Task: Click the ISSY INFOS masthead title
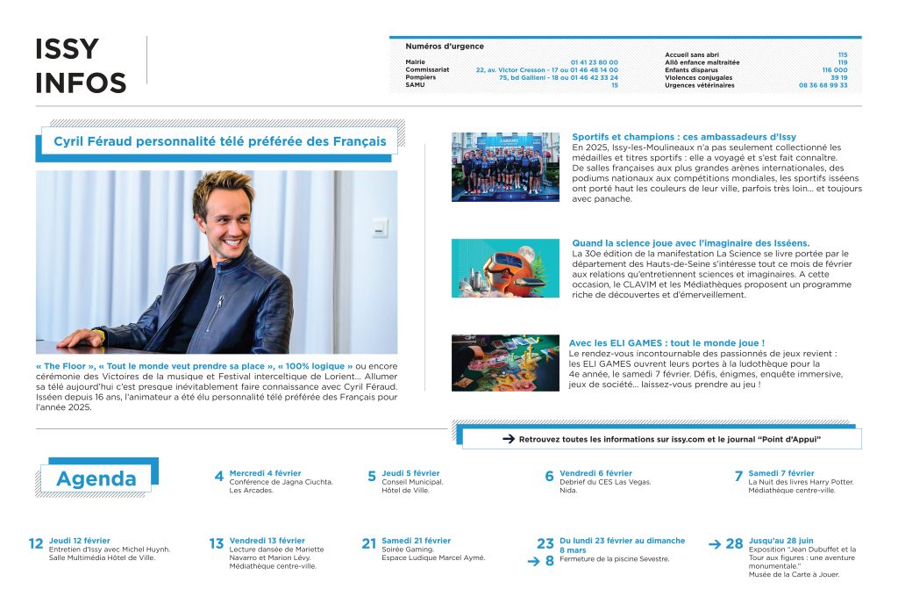click(80, 66)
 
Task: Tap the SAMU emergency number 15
click(614, 85)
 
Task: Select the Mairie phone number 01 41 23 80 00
click(594, 62)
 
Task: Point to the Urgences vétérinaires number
click(823, 85)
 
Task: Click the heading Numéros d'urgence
click(444, 47)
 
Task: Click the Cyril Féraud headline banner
click(220, 140)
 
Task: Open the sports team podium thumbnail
click(505, 167)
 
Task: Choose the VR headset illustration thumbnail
click(505, 268)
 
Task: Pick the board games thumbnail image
click(505, 363)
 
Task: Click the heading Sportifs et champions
click(683, 137)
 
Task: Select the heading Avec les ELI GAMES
click(666, 342)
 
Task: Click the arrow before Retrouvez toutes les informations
click(507, 438)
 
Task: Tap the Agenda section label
click(96, 478)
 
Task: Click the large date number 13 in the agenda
click(217, 544)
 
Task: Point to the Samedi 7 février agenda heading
click(780, 473)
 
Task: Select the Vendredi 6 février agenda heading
click(595, 473)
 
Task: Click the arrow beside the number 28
click(714, 543)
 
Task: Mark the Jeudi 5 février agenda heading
click(410, 473)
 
